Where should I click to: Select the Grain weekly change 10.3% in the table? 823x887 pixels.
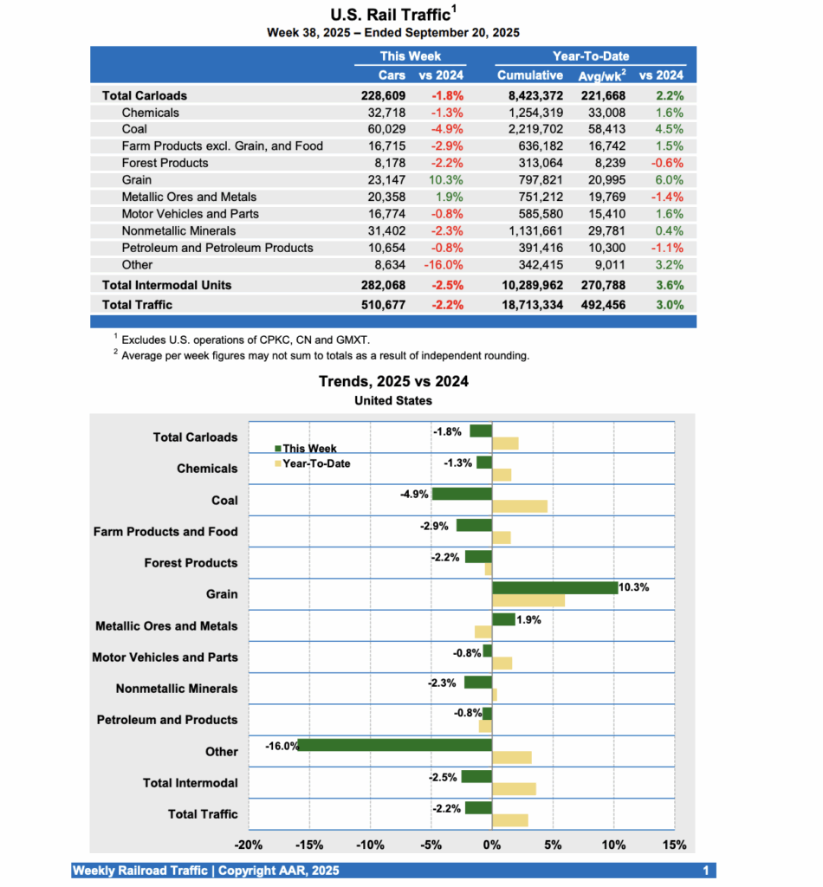[x=447, y=180]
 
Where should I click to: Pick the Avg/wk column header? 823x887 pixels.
[x=602, y=75]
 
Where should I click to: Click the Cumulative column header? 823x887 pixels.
[x=530, y=75]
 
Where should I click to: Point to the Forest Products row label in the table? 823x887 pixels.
[x=165, y=163]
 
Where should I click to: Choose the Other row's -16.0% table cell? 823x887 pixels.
[x=444, y=265]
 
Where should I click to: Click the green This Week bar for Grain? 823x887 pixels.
[x=554, y=587]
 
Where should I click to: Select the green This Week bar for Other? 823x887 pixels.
[x=395, y=745]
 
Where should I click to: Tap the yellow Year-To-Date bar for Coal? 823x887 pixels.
[x=520, y=506]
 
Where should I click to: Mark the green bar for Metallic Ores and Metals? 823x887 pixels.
[x=503, y=619]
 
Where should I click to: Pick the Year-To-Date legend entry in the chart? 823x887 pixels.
[x=316, y=463]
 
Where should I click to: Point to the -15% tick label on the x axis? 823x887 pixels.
[x=309, y=845]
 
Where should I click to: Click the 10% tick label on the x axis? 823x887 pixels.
[x=614, y=845]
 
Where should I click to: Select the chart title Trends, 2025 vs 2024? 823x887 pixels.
[x=393, y=381]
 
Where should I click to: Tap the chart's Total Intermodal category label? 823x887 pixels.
[x=190, y=783]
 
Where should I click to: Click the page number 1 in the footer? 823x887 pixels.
[x=706, y=871]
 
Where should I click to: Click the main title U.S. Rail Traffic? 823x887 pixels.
[x=393, y=14]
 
